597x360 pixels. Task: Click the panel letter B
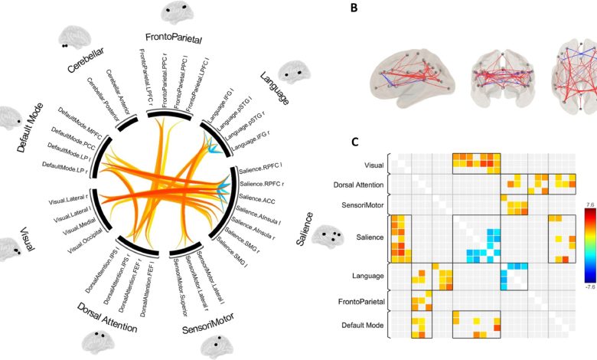(x=353, y=9)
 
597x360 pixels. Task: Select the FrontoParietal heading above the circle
(x=173, y=38)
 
